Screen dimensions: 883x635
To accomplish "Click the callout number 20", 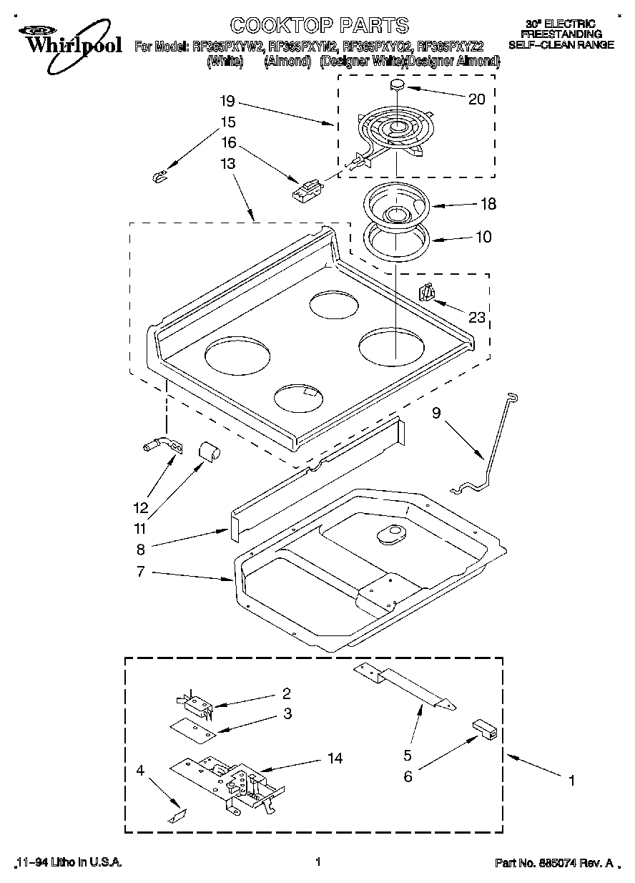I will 476,99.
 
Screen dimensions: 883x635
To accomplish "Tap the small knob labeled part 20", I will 398,86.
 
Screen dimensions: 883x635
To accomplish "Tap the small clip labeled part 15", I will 161,175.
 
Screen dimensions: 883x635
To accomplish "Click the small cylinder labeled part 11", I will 209,451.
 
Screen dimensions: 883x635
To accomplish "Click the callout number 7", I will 141,572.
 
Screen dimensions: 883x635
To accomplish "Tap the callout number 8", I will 141,550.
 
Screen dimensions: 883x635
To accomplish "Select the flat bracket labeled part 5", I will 405,687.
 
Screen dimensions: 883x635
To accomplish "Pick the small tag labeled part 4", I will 178,814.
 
